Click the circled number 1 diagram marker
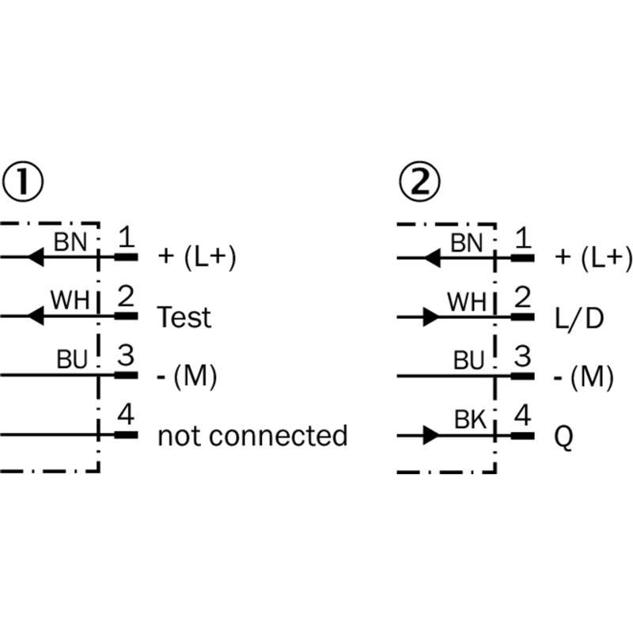(23, 182)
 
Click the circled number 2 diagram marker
(420, 182)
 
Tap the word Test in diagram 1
(184, 317)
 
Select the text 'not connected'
(252, 436)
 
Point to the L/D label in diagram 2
(579, 319)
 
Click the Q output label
(563, 438)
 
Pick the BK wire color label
(470, 419)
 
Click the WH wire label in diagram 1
(70, 300)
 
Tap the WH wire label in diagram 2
(467, 301)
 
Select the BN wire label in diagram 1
(70, 242)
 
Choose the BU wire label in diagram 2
(468, 360)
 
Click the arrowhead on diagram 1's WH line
(36, 316)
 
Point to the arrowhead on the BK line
(431, 436)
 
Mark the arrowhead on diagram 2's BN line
(432, 258)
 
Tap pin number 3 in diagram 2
(523, 356)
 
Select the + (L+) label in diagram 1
(197, 257)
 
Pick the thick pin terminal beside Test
(127, 316)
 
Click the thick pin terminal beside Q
(523, 436)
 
